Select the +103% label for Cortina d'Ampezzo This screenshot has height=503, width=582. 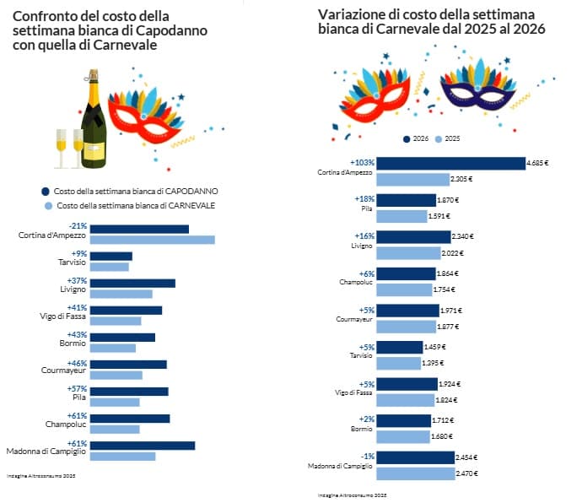click(x=362, y=162)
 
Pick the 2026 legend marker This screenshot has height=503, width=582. click(x=407, y=138)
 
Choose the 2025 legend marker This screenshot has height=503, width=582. click(x=439, y=138)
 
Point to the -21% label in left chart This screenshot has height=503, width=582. click(x=78, y=226)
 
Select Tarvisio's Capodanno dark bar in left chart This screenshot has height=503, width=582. click(x=110, y=256)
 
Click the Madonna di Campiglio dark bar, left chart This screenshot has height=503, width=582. click(x=142, y=445)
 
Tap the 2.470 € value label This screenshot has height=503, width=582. click(x=468, y=473)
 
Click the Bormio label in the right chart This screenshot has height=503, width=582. click(x=362, y=430)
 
